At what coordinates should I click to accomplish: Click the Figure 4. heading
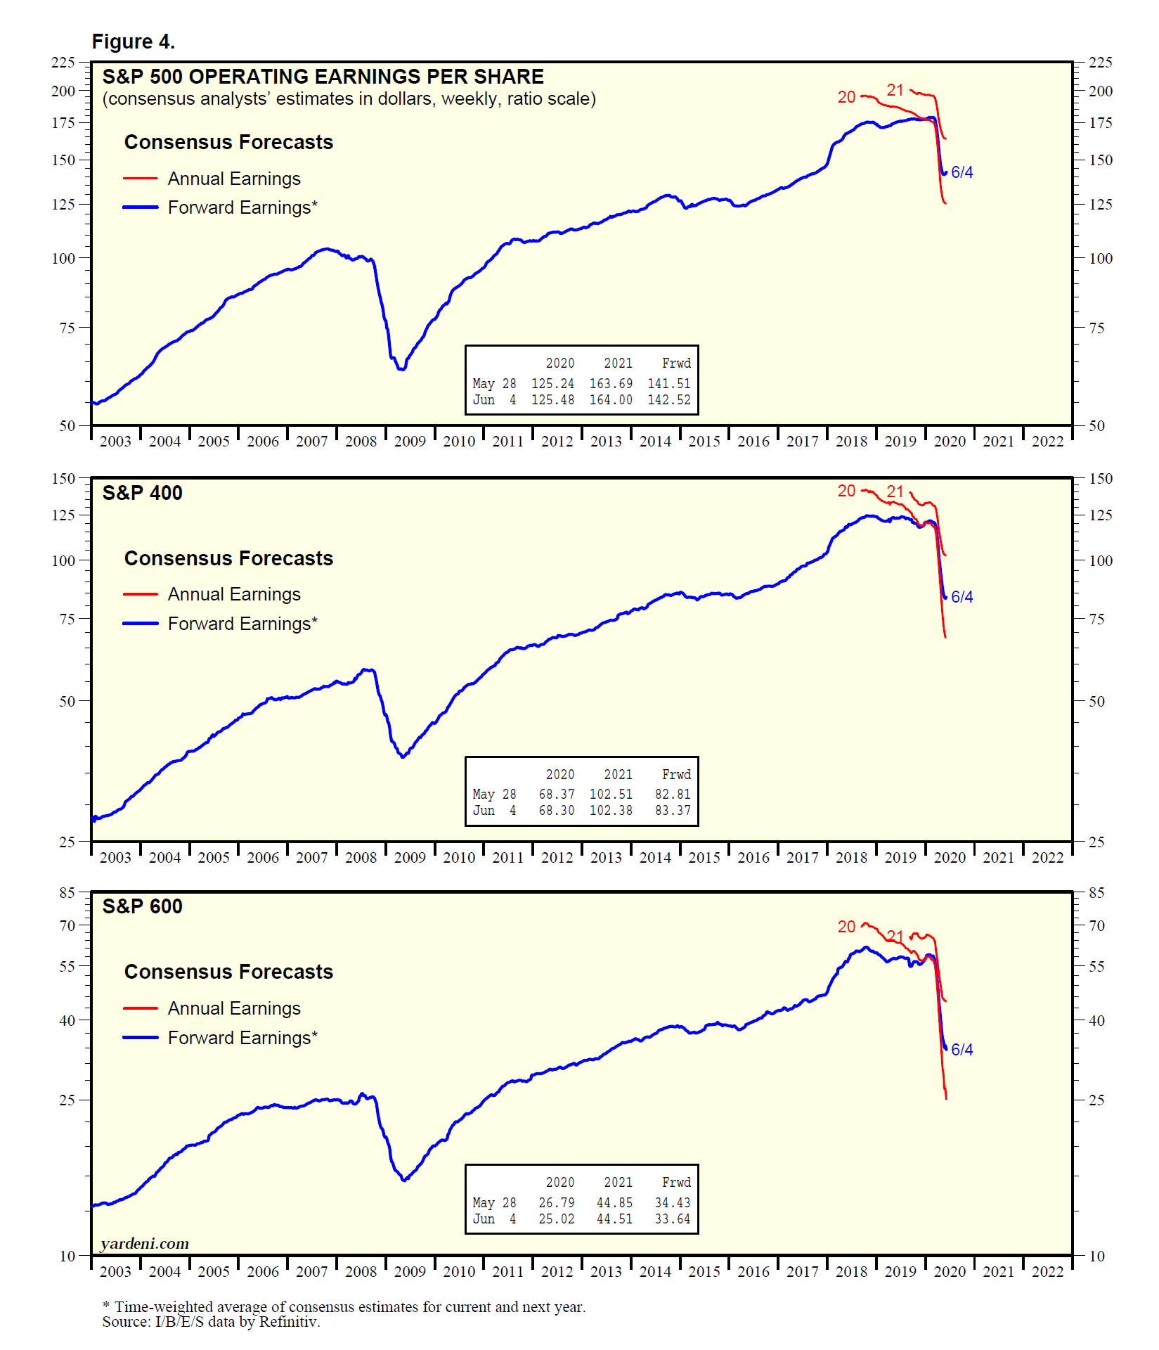[133, 42]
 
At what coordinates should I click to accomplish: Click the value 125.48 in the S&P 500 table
[552, 400]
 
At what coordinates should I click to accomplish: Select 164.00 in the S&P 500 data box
[611, 400]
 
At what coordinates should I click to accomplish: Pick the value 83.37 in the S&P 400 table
[673, 811]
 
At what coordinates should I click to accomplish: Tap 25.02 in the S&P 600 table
[557, 1219]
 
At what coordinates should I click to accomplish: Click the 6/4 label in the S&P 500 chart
[961, 172]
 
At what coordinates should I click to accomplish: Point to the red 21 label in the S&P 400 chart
[895, 491]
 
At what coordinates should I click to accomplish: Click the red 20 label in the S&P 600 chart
[846, 927]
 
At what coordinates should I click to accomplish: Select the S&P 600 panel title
[142, 906]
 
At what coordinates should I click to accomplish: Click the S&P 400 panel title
[142, 493]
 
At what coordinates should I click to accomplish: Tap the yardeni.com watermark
[145, 1244]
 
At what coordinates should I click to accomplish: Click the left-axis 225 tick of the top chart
[63, 63]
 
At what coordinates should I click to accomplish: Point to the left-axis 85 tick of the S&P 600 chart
[67, 892]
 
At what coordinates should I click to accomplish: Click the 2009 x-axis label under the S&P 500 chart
[410, 442]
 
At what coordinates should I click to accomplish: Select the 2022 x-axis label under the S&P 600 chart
[1047, 1272]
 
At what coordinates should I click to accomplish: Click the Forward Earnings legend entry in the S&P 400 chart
[242, 624]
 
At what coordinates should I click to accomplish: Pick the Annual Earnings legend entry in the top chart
[233, 179]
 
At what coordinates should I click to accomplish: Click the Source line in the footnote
[211, 1322]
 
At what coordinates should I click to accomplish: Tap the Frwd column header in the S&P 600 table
[676, 1183]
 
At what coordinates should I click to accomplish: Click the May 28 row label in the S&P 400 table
[494, 795]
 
